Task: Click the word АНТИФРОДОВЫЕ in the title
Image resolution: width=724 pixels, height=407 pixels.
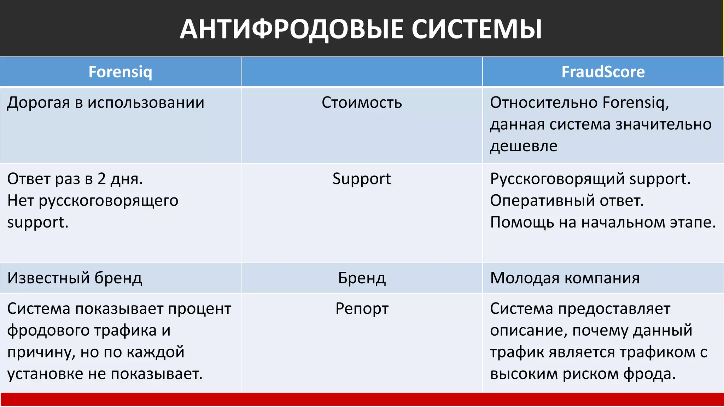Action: click(291, 29)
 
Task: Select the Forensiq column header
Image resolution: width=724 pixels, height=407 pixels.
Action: click(120, 72)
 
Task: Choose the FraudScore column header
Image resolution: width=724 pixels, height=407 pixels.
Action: click(603, 72)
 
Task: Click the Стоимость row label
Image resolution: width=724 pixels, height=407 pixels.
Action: click(362, 103)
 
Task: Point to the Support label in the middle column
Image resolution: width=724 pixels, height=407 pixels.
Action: click(362, 179)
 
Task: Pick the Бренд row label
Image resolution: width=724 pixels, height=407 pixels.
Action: click(362, 278)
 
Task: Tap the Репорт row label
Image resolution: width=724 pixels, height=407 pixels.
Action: click(362, 309)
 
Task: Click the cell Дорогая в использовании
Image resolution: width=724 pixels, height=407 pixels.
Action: click(106, 103)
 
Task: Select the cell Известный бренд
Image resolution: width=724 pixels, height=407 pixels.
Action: click(75, 278)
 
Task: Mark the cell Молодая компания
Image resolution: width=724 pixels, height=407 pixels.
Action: click(565, 278)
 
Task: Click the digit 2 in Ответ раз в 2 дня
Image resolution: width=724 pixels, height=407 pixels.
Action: click(101, 179)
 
